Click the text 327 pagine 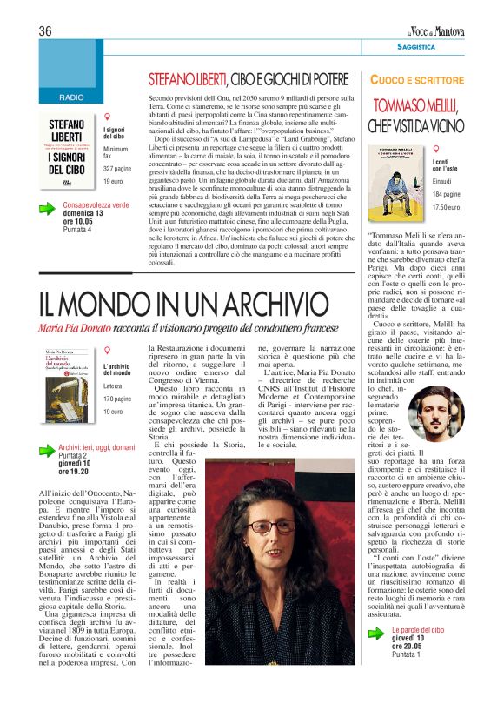[x=117, y=168]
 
